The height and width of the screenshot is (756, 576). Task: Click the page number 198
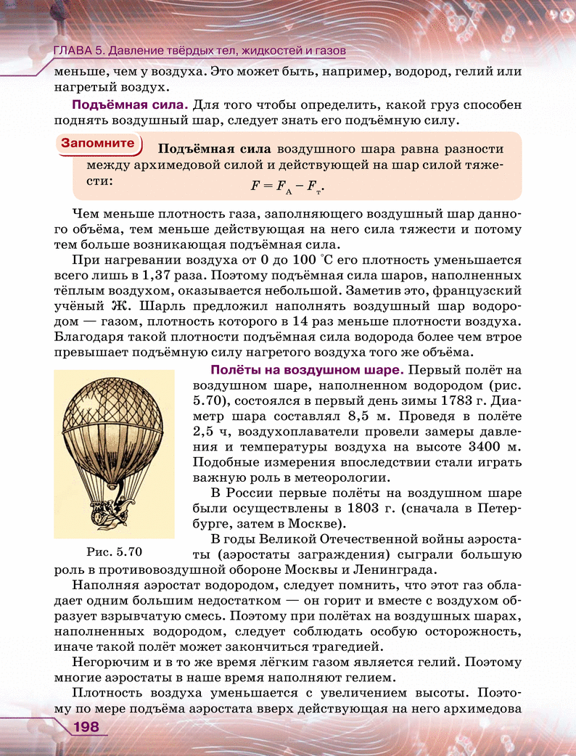click(85, 727)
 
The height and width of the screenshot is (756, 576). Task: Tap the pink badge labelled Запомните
click(98, 143)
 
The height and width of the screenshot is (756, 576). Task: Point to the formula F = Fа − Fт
click(287, 186)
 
